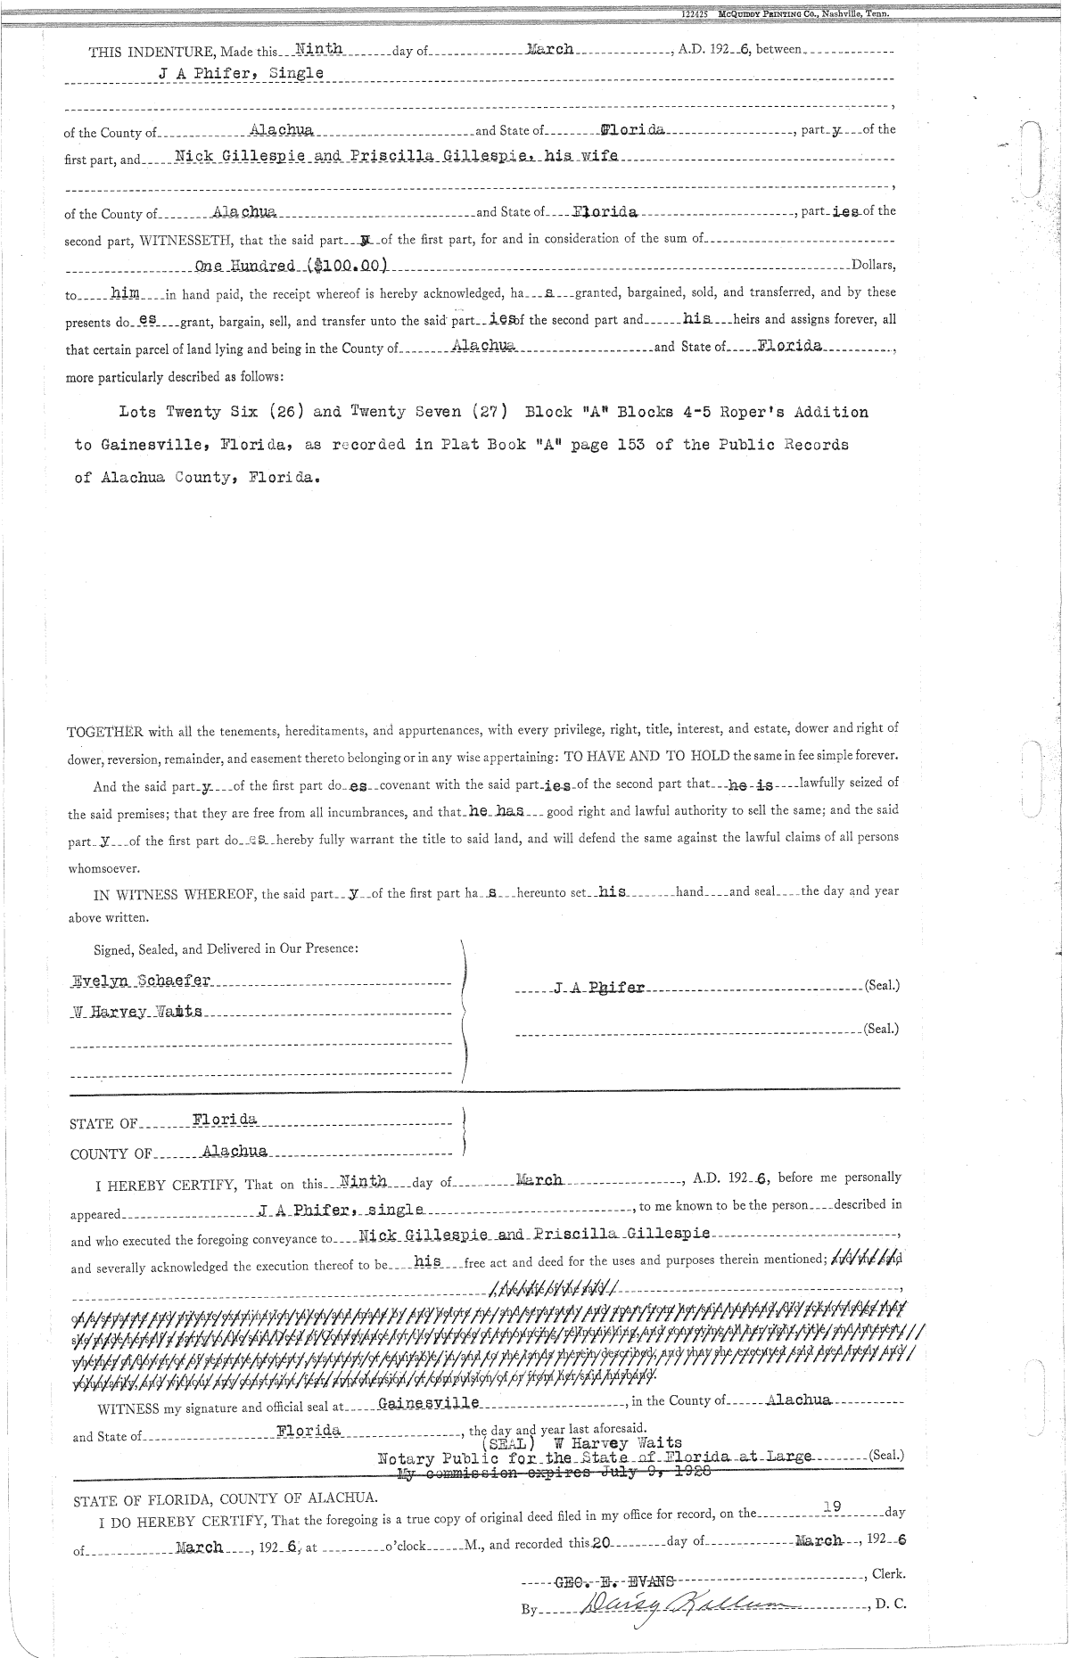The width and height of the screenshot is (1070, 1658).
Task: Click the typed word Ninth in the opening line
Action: pos(318,50)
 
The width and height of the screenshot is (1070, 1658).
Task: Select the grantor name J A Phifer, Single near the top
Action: pos(241,74)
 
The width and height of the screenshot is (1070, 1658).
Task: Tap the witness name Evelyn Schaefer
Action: pos(141,981)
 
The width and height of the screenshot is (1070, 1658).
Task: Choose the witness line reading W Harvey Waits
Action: pos(137,1013)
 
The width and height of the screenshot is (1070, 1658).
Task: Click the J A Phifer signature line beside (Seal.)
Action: pos(599,988)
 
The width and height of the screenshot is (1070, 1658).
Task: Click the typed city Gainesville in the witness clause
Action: pos(429,1403)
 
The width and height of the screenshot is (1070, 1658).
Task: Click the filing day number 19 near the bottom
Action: pos(833,1506)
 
